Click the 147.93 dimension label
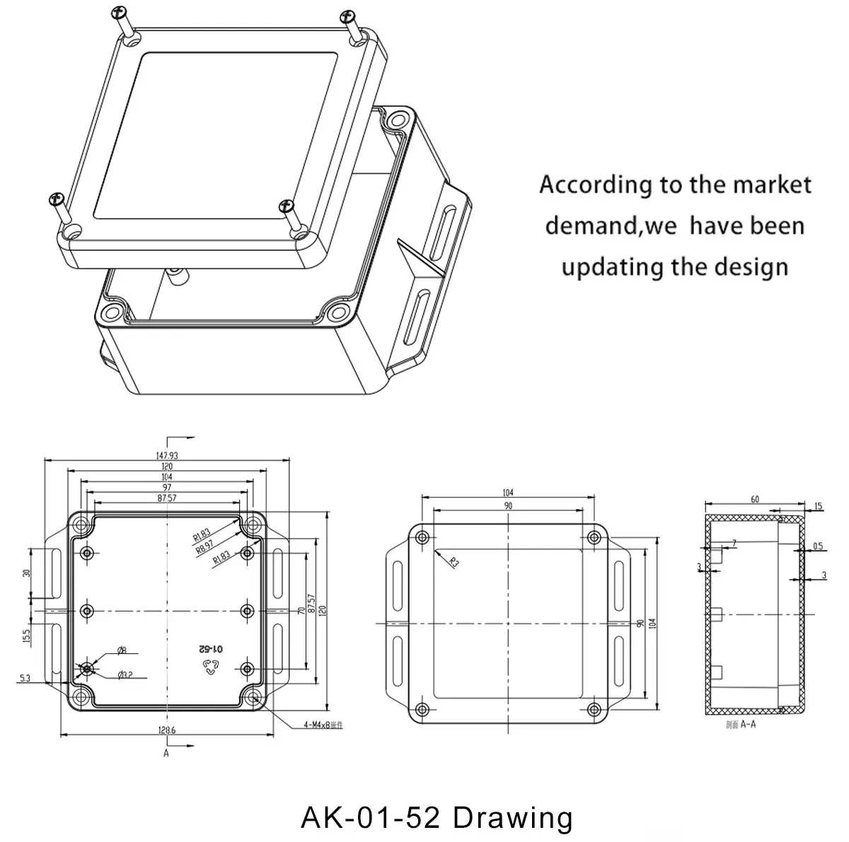167,456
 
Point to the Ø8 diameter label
121,650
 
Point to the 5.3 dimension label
25,679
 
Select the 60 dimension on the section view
755,499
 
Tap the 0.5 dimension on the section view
818,546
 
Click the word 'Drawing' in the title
512,817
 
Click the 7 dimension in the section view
734,542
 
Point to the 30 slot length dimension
26,573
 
